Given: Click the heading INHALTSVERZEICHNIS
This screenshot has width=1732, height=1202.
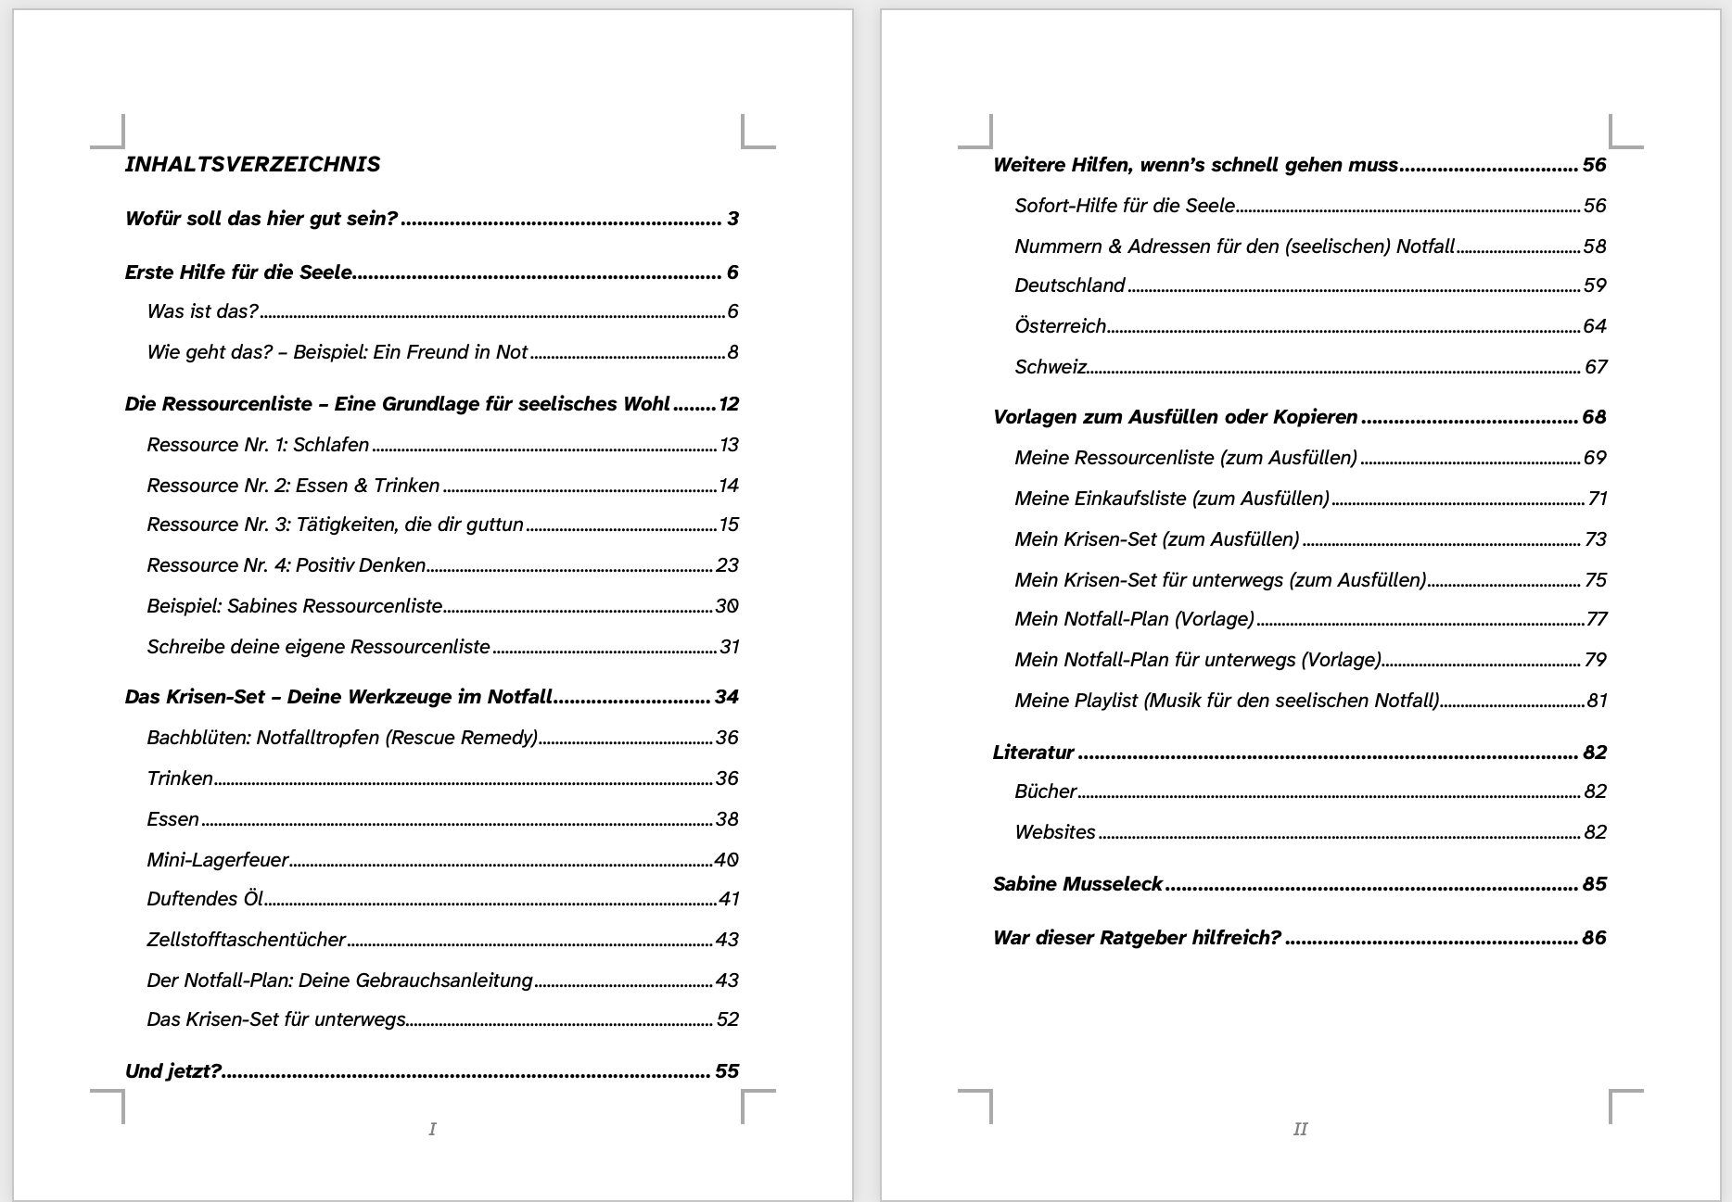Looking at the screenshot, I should [252, 164].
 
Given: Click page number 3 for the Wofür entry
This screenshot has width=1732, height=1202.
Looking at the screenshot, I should [732, 219].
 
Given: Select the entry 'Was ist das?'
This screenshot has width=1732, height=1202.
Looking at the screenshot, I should [202, 311].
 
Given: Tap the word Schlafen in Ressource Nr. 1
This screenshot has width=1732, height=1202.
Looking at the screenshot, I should [331, 445].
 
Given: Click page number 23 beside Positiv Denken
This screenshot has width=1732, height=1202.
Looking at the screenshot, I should [727, 565].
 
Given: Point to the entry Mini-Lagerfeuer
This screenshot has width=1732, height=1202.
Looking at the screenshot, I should [218, 860].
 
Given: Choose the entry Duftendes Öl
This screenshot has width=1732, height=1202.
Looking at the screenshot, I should [205, 899].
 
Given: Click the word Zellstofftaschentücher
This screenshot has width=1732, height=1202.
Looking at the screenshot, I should [246, 940].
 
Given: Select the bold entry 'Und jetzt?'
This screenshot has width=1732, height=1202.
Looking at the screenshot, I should [173, 1071].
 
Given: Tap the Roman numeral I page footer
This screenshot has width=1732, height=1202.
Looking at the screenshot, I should [432, 1129].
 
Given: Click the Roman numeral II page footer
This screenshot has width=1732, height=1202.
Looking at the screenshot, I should [1300, 1129].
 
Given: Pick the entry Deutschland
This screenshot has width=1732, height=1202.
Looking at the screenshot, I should [1069, 285].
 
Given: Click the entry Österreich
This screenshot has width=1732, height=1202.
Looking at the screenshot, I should [1061, 326].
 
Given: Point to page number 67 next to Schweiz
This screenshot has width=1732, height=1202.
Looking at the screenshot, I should [1595, 367].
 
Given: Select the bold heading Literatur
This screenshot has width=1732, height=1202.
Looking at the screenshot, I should [1033, 753].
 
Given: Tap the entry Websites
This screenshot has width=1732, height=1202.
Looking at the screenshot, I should [1055, 832].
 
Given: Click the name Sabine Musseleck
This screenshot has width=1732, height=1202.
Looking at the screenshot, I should [1077, 884].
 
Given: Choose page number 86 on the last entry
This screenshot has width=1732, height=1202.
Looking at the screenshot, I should [1594, 938].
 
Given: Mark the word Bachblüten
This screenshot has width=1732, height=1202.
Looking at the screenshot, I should [197, 738].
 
